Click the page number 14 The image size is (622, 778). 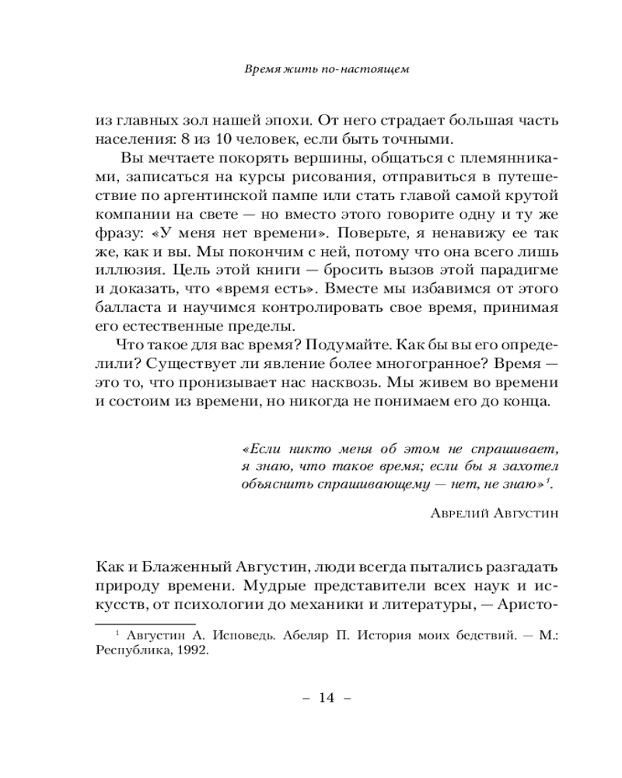(326, 699)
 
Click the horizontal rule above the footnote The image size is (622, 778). (144, 623)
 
